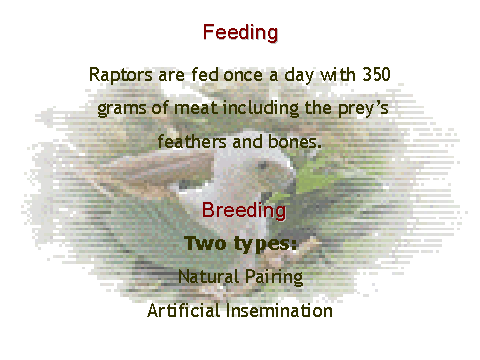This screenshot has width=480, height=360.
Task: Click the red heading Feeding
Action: click(x=240, y=33)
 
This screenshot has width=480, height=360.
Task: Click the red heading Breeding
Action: click(x=244, y=211)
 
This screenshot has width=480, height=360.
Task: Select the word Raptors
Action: click(x=121, y=75)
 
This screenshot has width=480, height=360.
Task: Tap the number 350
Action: click(x=376, y=74)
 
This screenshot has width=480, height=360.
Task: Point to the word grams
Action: click(x=122, y=109)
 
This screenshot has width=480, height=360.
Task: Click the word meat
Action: click(x=196, y=108)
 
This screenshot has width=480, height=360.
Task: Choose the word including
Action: click(x=261, y=109)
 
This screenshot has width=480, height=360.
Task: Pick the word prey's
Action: click(x=363, y=109)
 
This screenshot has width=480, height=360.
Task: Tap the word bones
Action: click(x=295, y=141)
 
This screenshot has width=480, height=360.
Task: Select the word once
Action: click(x=243, y=75)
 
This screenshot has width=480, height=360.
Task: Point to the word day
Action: click(x=299, y=75)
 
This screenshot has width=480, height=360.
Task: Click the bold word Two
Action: click(x=206, y=243)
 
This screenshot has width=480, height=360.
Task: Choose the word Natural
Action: click(x=209, y=276)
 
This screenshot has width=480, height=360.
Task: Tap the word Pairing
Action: click(x=274, y=277)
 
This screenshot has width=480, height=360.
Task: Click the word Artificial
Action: click(x=184, y=311)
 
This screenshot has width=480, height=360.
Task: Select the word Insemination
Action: click(x=279, y=311)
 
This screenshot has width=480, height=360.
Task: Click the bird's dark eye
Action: click(x=263, y=166)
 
